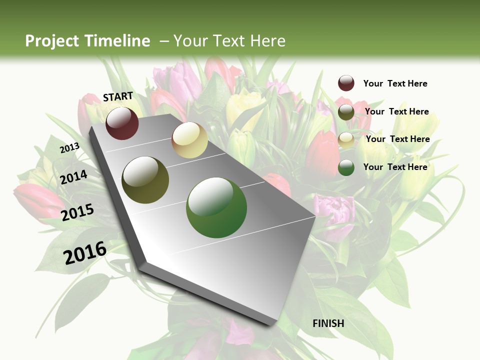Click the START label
tap(118, 96)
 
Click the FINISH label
tap(328, 323)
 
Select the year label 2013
tap(69, 148)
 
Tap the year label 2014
tap(74, 177)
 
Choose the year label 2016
tap(85, 253)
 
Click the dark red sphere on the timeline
tap(122, 123)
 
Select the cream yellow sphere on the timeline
tap(189, 140)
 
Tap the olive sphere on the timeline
tap(145, 180)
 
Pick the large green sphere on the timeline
tap(216, 207)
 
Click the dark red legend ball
tap(346, 83)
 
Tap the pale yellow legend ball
tap(346, 139)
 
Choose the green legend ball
tap(346, 167)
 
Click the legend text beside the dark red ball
tap(395, 83)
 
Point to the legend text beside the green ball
tap(395, 167)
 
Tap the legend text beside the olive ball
tap(396, 111)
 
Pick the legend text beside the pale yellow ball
tap(397, 139)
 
